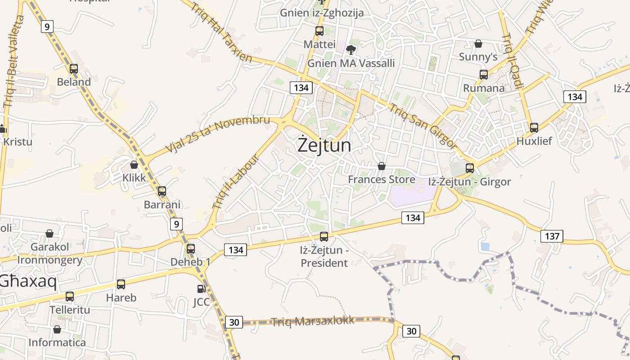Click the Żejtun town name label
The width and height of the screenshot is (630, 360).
coord(324,145)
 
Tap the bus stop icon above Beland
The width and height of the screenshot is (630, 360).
coord(74,69)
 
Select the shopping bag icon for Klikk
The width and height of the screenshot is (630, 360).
coord(134,165)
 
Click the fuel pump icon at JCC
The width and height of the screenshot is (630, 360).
coord(201,289)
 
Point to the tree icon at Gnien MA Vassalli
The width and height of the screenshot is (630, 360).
coord(351,49)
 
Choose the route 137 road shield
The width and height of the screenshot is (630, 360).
coord(552,236)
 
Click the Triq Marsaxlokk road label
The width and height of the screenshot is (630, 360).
coord(312,321)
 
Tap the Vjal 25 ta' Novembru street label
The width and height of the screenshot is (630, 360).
coord(218,134)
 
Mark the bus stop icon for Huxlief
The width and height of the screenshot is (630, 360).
coord(534,127)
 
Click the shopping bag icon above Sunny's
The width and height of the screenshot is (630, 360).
coord(478,44)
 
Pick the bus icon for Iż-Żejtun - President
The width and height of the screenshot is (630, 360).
coord(324,236)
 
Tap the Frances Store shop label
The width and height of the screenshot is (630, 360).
coord(382,180)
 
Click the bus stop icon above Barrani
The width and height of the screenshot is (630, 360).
coord(162,191)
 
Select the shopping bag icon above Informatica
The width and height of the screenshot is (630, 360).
coord(57,329)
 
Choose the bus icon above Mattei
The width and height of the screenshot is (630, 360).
coord(319,31)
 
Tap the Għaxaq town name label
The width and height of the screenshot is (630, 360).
coord(29,281)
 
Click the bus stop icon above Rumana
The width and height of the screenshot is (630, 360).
coord(484,75)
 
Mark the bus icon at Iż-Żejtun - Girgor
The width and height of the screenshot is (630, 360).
coord(470,168)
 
